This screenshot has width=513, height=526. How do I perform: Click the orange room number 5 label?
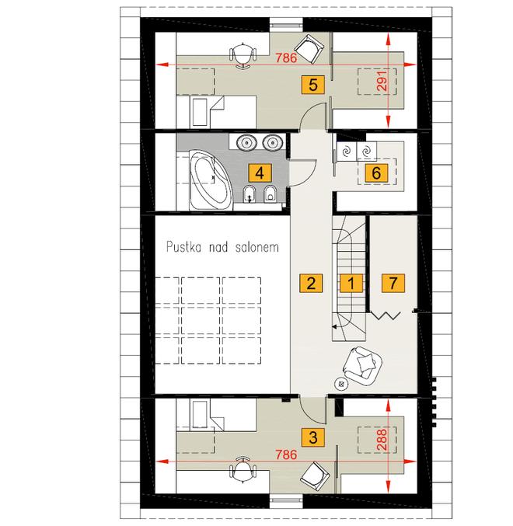coord(312,84)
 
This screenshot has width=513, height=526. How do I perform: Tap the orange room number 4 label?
coord(260,173)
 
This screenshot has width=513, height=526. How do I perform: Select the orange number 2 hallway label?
coord(311,283)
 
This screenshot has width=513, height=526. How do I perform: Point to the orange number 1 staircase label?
coord(351,283)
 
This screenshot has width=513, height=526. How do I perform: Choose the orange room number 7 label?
coord(393,283)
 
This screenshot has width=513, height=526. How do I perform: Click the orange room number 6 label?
coord(376,173)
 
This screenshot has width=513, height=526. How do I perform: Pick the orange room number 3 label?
coord(313,437)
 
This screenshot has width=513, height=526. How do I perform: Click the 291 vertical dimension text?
coord(382,81)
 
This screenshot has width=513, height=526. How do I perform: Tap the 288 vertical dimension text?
coord(382,439)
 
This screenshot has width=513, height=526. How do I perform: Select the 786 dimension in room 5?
coord(286,58)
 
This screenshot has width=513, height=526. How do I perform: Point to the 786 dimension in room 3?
coord(286,455)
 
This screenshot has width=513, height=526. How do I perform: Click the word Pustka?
coord(184,247)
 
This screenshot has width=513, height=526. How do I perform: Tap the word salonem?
coord(257,247)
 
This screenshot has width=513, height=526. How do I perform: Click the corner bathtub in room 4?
coord(211,179)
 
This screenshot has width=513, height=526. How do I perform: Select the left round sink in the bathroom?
coord(246,142)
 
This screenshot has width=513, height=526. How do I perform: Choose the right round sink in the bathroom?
coord(273,142)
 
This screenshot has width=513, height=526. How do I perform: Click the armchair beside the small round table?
coord(362,366)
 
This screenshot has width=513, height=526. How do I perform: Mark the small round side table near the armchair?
coord(341,385)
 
